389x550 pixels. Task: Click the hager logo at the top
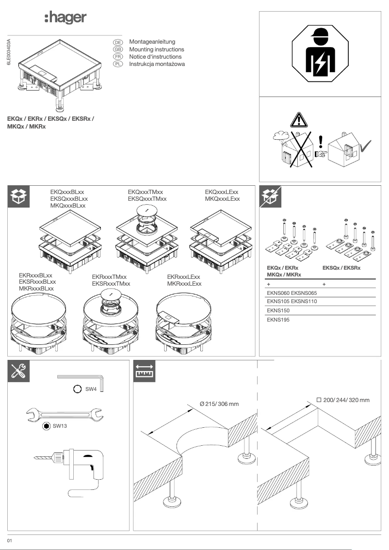(x=65, y=18)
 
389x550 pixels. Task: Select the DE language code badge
(x=117, y=43)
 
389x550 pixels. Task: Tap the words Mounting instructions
(x=157, y=49)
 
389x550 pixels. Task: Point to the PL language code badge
(x=117, y=64)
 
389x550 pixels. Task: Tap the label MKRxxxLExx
(x=184, y=283)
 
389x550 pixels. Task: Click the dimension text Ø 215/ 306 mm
(x=219, y=404)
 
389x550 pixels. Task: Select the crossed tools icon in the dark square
(x=20, y=371)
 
